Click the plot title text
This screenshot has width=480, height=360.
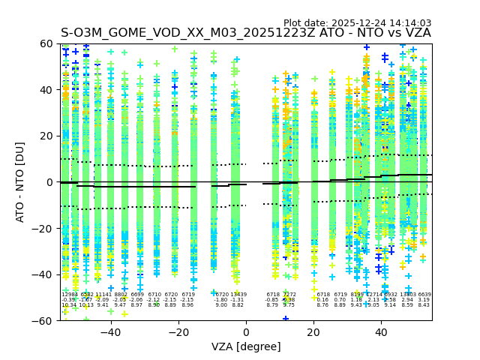click(246, 33)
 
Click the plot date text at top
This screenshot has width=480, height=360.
click(357, 23)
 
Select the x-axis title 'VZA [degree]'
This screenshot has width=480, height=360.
click(246, 346)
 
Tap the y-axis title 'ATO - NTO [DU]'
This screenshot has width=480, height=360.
click(21, 182)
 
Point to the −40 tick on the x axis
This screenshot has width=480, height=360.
click(110, 331)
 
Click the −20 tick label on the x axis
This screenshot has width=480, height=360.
click(178, 331)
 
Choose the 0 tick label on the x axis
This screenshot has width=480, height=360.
click(246, 331)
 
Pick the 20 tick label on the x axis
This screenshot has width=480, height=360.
click(313, 331)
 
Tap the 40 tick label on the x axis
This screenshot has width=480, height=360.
click(381, 331)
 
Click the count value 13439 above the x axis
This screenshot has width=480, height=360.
click(238, 295)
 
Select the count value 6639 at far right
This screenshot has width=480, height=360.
click(424, 295)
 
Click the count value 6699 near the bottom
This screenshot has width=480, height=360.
click(137, 295)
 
